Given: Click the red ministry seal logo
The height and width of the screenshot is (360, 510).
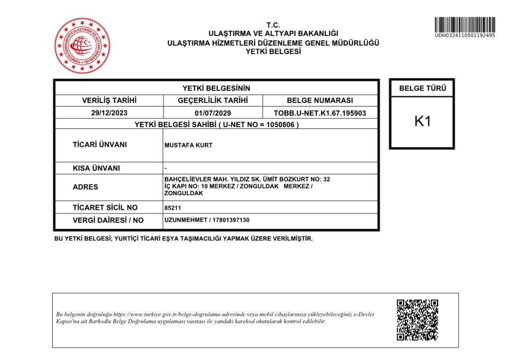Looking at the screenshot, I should tap(82, 46).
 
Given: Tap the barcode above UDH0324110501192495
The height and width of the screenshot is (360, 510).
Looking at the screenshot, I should tap(465, 24).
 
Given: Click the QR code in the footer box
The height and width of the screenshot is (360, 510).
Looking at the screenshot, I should tap(417, 320).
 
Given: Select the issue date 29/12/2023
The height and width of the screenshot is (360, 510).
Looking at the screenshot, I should tap(109, 113).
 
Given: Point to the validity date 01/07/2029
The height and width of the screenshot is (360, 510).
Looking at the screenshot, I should tap(213, 113).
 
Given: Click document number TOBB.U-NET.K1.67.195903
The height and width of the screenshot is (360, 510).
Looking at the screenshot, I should tap(320, 113).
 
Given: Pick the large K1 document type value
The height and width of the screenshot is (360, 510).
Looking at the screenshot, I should tap(422, 121).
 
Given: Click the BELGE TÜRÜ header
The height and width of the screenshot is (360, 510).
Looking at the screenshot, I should tap(422, 89).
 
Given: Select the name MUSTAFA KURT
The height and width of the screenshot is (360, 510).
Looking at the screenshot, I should tap(188, 145).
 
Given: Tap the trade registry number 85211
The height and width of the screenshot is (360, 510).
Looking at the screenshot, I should tap(172, 208).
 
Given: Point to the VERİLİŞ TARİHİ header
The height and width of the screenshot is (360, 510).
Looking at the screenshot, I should tap(109, 101).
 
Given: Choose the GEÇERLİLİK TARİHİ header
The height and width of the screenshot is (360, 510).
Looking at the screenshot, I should tap(213, 101).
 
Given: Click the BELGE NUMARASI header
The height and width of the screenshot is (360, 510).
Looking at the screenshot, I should tap(320, 101).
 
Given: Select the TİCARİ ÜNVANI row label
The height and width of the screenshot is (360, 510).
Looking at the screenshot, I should tap(100, 145).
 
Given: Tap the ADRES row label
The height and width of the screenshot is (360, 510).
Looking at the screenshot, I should tap(85, 187).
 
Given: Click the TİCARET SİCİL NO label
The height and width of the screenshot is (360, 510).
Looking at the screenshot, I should tap(105, 208).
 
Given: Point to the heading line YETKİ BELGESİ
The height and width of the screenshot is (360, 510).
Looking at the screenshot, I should tap(273, 51).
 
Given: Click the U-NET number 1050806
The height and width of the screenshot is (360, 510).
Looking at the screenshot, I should tap(282, 125).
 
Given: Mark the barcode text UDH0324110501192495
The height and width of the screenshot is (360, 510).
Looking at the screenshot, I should tap(465, 35).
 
